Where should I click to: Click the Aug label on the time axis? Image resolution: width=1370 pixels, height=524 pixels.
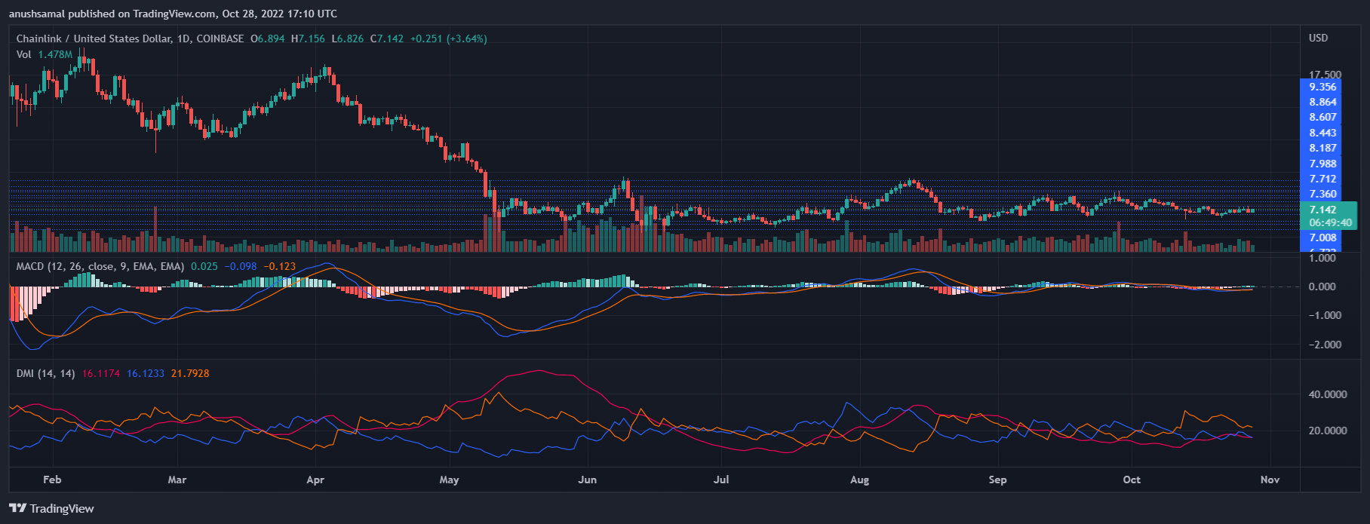(859, 480)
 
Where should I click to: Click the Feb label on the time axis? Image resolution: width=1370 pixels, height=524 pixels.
(52, 480)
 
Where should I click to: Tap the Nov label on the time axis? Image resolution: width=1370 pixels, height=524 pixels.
(1270, 480)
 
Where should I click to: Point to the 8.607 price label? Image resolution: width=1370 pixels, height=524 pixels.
(1322, 118)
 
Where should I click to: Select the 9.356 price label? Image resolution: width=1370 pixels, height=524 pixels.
(1322, 87)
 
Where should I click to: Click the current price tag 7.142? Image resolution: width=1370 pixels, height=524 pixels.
(1322, 210)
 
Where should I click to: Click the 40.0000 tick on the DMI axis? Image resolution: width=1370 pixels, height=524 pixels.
(1327, 394)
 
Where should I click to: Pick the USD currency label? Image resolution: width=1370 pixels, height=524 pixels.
(1318, 38)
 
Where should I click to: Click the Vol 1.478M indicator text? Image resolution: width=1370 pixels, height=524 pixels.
(45, 54)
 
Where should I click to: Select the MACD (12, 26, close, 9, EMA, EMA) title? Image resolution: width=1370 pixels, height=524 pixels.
(100, 266)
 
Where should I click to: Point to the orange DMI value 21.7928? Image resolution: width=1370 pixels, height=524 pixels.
(190, 373)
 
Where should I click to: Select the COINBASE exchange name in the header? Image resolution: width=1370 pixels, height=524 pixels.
(220, 38)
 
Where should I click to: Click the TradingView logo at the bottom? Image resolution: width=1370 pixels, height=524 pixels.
(51, 508)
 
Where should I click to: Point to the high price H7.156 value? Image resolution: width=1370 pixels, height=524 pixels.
(312, 38)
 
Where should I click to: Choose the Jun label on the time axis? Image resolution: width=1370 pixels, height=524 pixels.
(587, 480)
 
